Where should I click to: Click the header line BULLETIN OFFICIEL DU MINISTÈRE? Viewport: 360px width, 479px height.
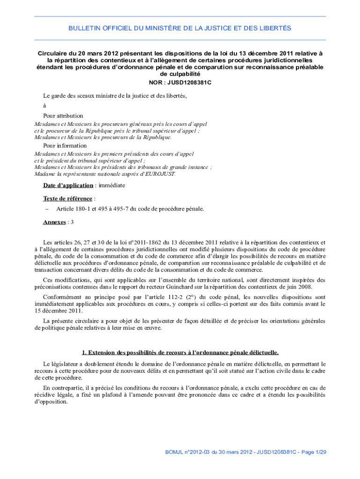pos(180,29)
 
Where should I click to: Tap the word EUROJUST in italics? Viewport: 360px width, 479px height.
pos(159,174)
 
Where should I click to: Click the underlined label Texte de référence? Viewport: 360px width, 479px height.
pos(62,198)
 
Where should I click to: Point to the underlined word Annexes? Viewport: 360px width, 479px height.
pos(54,222)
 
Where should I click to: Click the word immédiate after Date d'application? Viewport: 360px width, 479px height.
pos(111,185)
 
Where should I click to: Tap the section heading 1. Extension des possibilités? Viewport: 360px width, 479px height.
pos(180,352)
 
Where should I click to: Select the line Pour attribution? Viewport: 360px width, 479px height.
pos(63,116)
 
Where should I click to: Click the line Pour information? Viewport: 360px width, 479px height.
pos(65,145)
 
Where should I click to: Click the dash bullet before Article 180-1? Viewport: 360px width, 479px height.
pos(47,209)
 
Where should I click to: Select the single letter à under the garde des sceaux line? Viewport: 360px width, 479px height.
pos(44,106)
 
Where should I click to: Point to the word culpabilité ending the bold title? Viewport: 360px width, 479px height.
pos(180,74)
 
